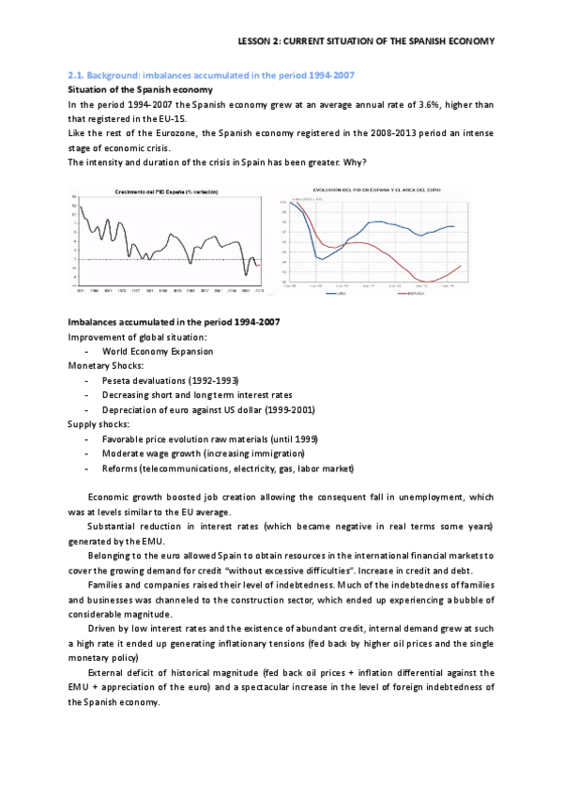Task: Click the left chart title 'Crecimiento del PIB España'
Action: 165,192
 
